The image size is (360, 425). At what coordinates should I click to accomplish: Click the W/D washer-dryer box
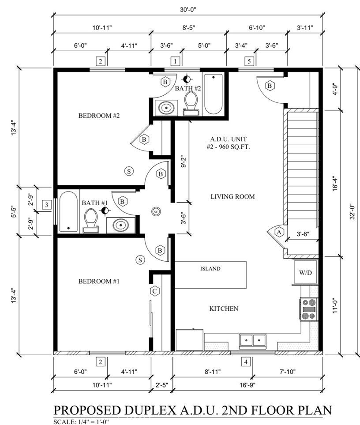(306, 272)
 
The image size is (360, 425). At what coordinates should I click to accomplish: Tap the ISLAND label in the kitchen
(210, 269)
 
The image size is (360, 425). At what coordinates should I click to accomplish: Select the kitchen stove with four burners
(309, 309)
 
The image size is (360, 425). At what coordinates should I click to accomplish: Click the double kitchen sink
(253, 340)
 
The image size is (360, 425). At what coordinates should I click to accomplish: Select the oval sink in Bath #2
(166, 108)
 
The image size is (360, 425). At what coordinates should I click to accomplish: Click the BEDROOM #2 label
(99, 116)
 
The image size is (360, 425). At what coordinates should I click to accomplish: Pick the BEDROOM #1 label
(99, 281)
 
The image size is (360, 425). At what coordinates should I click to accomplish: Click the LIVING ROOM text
(232, 196)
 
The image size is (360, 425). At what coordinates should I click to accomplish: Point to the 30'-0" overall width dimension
(187, 10)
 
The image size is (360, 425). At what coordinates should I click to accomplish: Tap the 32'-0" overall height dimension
(352, 211)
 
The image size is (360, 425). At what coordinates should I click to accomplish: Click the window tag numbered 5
(249, 61)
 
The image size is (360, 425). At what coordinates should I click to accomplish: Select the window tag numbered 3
(47, 204)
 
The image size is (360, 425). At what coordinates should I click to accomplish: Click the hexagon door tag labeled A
(279, 232)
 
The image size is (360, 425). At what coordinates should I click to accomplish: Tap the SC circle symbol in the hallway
(156, 211)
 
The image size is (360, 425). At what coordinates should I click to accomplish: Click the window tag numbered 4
(246, 361)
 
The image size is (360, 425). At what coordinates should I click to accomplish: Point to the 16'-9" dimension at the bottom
(247, 385)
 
